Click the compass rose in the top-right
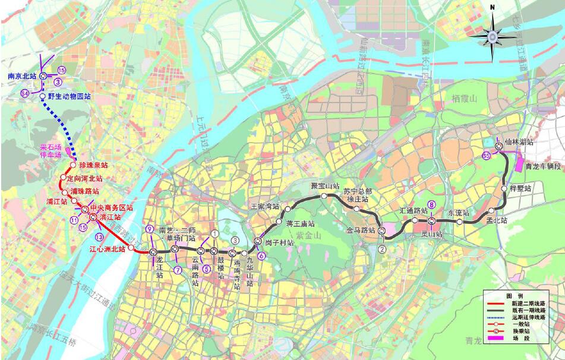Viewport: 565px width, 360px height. point(492,36)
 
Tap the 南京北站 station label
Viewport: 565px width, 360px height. point(22,76)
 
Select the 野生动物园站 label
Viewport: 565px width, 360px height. point(69,96)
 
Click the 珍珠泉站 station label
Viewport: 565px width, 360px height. point(93,165)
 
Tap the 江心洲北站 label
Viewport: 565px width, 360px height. point(107,249)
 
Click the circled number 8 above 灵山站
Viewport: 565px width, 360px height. point(432,205)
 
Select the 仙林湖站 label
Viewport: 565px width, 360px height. point(519,143)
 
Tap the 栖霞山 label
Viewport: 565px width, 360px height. point(464,98)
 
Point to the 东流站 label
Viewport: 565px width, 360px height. point(458,213)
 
